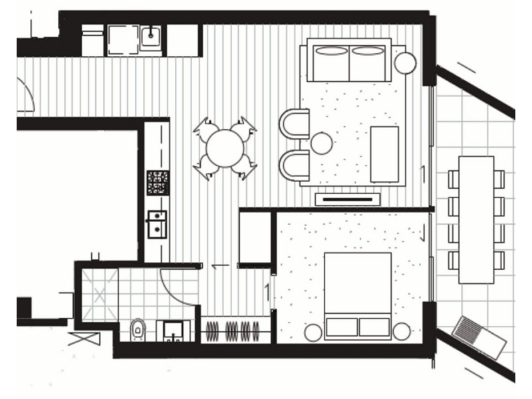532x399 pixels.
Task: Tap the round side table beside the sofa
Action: [404, 63]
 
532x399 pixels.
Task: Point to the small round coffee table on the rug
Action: [322, 143]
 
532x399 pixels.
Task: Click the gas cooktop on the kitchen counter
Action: [158, 182]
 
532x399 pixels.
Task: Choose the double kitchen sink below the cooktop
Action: [157, 224]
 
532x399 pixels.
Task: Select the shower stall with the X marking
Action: [98, 291]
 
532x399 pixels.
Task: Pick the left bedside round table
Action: [313, 332]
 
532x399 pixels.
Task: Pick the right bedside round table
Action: [402, 331]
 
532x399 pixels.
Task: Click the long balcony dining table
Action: [476, 219]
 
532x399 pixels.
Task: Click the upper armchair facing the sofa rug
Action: [295, 123]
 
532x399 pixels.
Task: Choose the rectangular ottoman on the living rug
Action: [384, 153]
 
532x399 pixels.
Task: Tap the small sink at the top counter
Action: [152, 35]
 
